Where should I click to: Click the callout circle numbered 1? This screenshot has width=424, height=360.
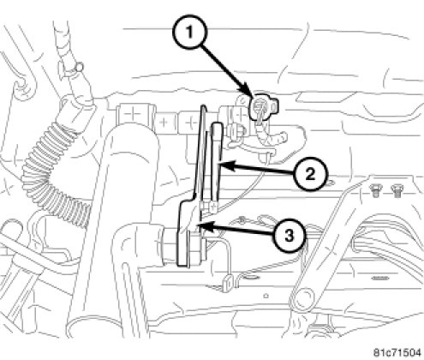coord(190,33)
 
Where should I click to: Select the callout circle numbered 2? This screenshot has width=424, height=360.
coord(311,174)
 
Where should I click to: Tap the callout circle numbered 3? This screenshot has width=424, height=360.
coord(289,236)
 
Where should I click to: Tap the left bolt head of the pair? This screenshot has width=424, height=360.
coord(374,189)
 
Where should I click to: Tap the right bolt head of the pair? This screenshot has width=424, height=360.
coord(396,189)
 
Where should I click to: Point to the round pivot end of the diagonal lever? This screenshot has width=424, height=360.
coord(303,299)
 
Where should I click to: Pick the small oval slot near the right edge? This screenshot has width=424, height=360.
coord(380,278)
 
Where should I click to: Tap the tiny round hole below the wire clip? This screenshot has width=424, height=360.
coord(266,296)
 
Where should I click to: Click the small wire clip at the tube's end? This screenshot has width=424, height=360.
coord(227,283)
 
